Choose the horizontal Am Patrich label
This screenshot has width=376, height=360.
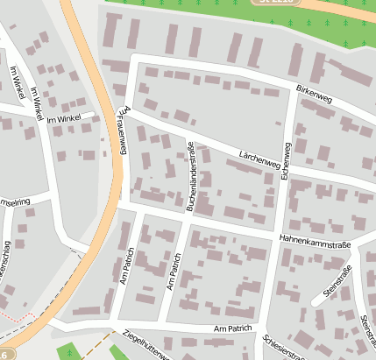click(231, 328)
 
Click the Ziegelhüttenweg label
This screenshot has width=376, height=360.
click(133, 346)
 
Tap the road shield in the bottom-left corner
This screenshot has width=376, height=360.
click(4, 355)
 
